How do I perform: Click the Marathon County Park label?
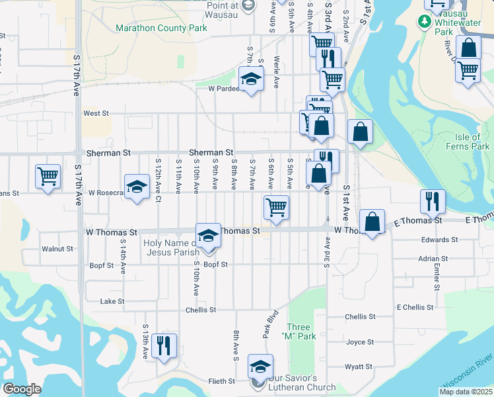tap(161, 28)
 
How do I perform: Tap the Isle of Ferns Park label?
tap(472, 142)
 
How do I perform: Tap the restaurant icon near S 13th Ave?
tap(163, 346)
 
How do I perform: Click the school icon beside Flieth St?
tap(260, 367)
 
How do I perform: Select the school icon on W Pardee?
tap(251, 80)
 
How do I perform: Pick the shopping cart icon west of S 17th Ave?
tap(48, 177)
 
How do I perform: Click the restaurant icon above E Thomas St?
tap(433, 201)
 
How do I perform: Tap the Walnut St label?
tap(57, 249)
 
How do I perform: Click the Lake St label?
tap(112, 302)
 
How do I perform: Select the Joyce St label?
tap(360, 343)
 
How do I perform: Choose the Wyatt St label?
tap(359, 367)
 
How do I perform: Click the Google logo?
tap(22, 389)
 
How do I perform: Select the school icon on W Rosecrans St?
tap(137, 187)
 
